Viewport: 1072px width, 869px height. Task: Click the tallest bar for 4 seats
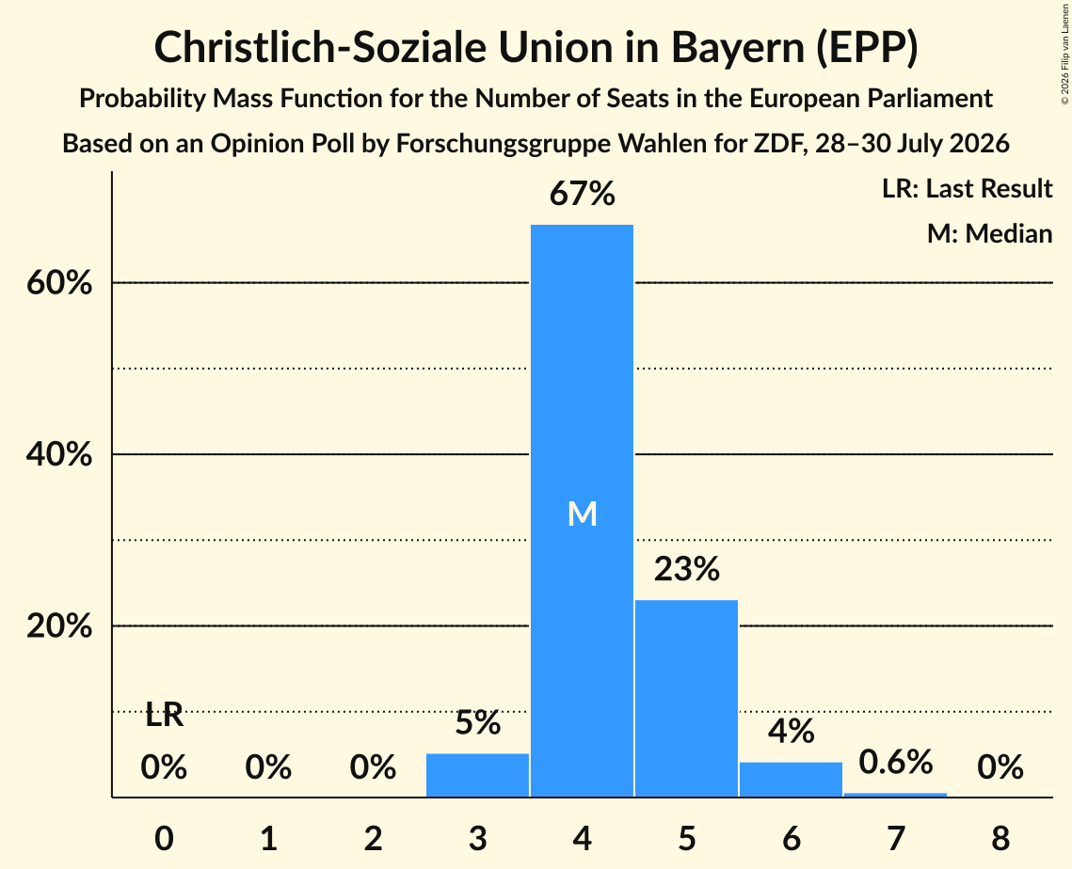click(x=582, y=511)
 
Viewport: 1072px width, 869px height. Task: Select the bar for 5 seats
click(x=686, y=698)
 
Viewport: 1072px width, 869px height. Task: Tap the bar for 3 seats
click(x=477, y=775)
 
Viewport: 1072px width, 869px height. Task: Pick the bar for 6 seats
click(x=791, y=780)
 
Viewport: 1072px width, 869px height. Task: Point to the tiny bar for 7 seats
click(x=896, y=795)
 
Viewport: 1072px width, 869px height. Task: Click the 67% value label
click(x=583, y=194)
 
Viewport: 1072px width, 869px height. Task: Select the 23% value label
click(x=686, y=568)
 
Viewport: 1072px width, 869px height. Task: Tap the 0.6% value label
click(x=896, y=762)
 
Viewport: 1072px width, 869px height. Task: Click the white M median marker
click(x=583, y=513)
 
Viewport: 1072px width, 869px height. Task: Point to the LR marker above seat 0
click(x=165, y=716)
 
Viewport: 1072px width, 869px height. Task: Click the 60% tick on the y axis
click(x=59, y=282)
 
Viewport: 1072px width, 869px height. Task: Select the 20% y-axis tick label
click(x=59, y=625)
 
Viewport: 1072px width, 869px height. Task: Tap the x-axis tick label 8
click(x=1000, y=838)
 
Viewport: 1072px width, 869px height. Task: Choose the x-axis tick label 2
click(x=373, y=838)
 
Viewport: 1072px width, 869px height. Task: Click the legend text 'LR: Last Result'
click(x=967, y=188)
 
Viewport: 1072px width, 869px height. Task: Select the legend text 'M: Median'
click(x=989, y=233)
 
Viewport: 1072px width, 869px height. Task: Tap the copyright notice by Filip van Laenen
click(x=1064, y=54)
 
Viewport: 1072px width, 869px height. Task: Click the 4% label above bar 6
click(x=791, y=731)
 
